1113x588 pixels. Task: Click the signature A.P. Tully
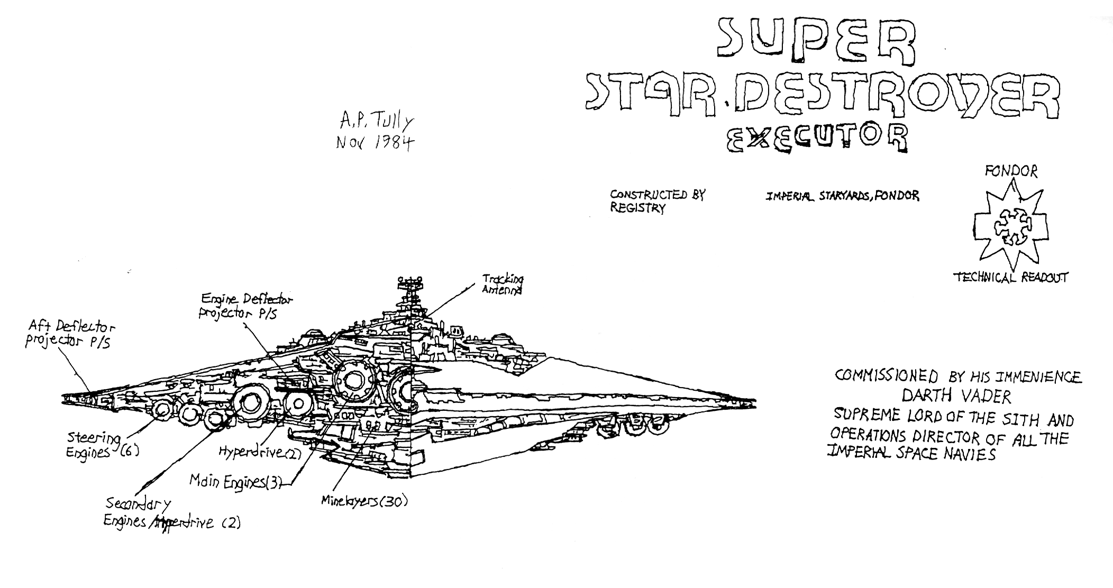[377, 125]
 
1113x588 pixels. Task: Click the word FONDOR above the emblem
[1010, 171]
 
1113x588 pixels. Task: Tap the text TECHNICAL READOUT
[1010, 277]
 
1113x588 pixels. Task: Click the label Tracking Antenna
[501, 284]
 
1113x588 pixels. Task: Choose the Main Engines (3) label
[235, 482]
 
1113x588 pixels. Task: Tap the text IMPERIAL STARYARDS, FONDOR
[842, 196]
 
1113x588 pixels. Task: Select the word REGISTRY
[637, 208]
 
